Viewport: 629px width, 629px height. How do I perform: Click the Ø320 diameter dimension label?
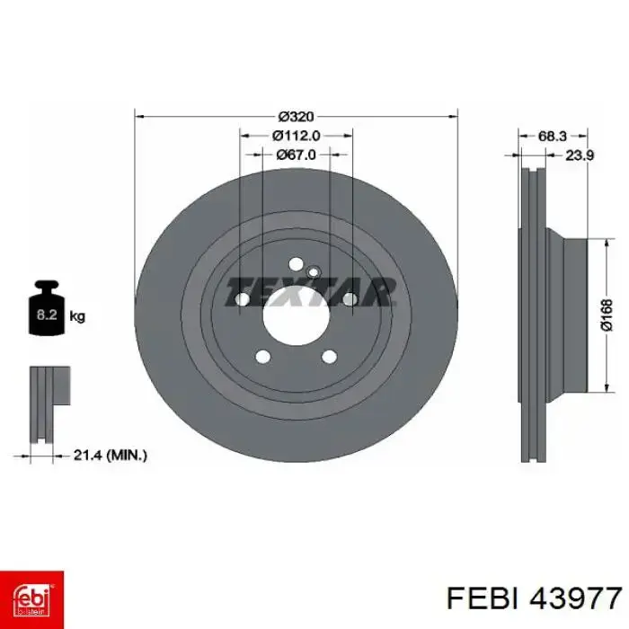click(x=296, y=117)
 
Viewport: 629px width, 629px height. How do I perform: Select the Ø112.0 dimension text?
click(x=296, y=136)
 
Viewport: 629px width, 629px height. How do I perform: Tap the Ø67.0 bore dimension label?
click(x=296, y=155)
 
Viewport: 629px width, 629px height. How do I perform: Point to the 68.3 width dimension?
click(x=552, y=136)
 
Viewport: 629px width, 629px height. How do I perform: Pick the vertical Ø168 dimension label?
click(x=607, y=314)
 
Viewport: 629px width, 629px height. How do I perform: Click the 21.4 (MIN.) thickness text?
click(x=111, y=455)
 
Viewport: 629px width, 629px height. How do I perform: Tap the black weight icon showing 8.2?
click(x=47, y=308)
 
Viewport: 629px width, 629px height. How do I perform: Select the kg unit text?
click(x=77, y=316)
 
